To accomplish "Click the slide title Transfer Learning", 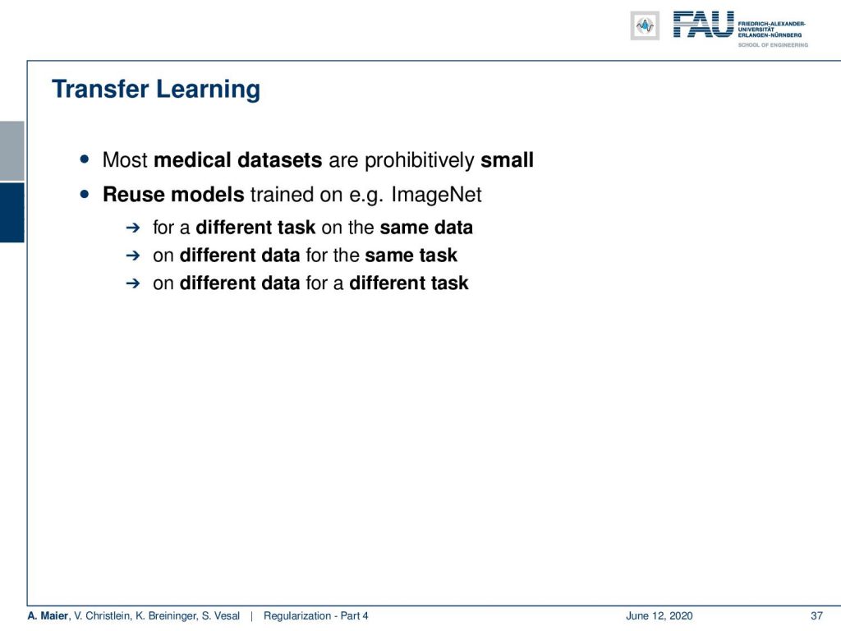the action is click(155, 89).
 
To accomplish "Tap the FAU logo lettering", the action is click(703, 25).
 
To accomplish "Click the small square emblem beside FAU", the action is click(645, 25).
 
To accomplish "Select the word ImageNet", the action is click(436, 195).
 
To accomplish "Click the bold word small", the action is click(507, 160).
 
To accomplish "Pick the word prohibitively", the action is click(420, 160).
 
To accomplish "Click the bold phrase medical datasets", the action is click(237, 160).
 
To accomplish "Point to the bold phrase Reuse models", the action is click(173, 194).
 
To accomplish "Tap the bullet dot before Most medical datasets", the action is click(85, 159).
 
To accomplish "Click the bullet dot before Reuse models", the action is click(85, 194).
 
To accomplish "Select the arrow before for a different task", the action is click(132, 228).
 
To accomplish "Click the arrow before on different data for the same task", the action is click(132, 256).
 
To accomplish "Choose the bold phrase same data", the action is click(426, 228).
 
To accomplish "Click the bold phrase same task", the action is click(411, 256).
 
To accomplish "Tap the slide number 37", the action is click(816, 616).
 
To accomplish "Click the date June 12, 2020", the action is click(659, 616).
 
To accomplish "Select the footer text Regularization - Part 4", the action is click(315, 616).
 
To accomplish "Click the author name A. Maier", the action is click(48, 616).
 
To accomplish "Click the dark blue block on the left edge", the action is click(11, 213).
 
